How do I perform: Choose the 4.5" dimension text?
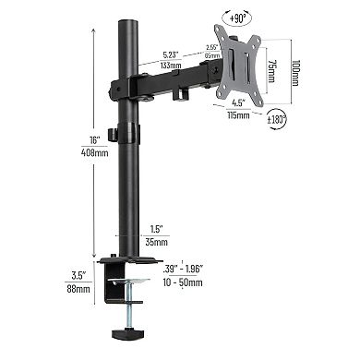(237, 102)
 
